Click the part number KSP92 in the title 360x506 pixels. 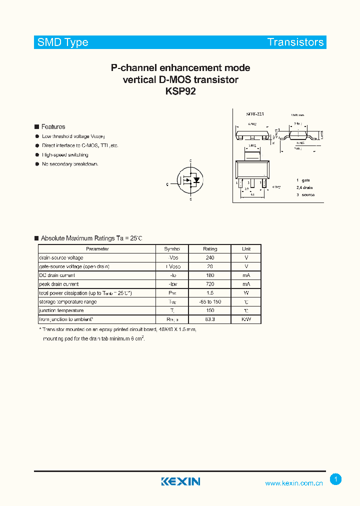click(180, 91)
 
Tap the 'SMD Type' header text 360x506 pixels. click(63, 42)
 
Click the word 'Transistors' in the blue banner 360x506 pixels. click(295, 42)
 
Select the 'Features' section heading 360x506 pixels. click(53, 127)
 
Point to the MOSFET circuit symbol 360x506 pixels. click(191, 180)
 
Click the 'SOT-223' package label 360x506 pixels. click(255, 114)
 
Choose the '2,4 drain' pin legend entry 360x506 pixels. click(304, 187)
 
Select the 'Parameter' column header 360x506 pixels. click(97, 249)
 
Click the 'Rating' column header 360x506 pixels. click(210, 249)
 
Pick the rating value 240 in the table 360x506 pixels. click(210, 257)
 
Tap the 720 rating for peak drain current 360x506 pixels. click(210, 284)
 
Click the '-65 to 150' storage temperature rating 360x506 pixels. click(210, 301)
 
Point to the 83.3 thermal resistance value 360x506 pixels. click(210, 319)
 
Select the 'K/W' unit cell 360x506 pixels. click(246, 319)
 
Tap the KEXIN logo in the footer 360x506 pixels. click(180, 481)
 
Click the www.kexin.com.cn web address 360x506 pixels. click(294, 483)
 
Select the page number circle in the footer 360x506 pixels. click(336, 479)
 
